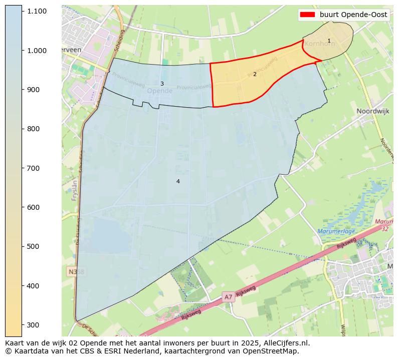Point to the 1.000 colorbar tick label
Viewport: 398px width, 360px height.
tap(38, 50)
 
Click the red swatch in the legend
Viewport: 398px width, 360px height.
tap(307, 15)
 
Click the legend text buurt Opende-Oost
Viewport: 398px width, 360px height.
tap(353, 15)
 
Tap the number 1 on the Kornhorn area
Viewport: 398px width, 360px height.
tap(329, 41)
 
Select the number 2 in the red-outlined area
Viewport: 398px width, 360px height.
tap(255, 74)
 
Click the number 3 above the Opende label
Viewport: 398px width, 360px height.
tap(162, 84)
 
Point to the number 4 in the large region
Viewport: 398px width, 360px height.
tap(178, 181)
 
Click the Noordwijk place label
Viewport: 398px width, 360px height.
tap(372, 111)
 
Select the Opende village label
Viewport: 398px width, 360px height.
tap(160, 91)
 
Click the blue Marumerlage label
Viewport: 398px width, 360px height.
tap(336, 231)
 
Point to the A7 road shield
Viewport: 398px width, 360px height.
tap(228, 297)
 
